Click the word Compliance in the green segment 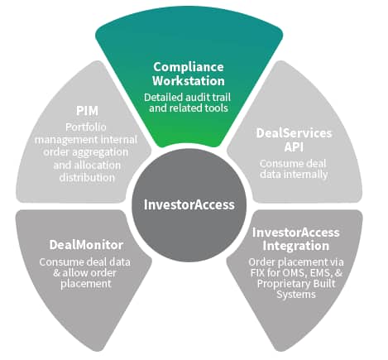189,67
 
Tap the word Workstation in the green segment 189,80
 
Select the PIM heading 87,111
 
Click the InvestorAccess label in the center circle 189,204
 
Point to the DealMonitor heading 86,245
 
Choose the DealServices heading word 294,133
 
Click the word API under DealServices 294,146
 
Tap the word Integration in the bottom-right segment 296,246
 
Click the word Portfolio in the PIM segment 86,127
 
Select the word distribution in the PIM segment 87,177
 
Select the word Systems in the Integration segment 296,295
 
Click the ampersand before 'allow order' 56,273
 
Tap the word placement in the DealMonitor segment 86,284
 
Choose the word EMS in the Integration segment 321,273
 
